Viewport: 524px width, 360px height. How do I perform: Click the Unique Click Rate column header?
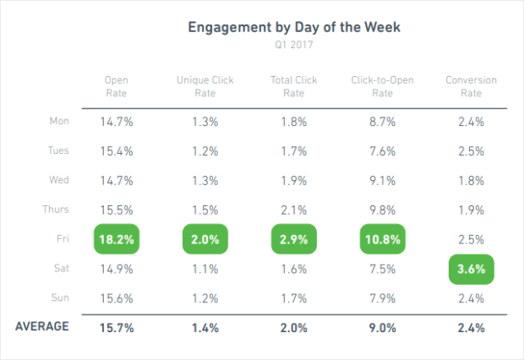(x=205, y=87)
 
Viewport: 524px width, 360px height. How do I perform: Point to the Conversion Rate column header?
(x=471, y=87)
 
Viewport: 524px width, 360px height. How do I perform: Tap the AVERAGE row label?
(x=42, y=326)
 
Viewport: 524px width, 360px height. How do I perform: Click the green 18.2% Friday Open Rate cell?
(x=116, y=239)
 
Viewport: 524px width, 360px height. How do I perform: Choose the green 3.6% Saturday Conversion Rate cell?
(x=471, y=269)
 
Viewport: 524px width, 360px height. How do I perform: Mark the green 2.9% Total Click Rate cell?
(x=292, y=239)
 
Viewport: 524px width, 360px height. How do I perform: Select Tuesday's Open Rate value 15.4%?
(x=116, y=151)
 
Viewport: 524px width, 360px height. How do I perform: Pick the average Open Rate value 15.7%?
(x=116, y=327)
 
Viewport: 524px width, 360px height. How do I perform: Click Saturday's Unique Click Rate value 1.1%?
(x=205, y=269)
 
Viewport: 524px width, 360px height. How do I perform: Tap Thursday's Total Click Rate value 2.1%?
(x=292, y=210)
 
